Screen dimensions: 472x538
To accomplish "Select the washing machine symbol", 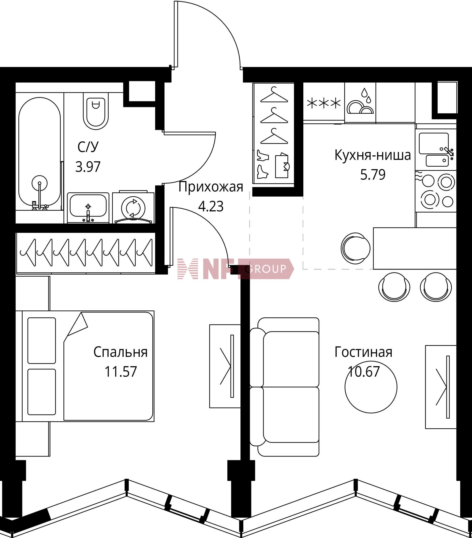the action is click(x=133, y=207).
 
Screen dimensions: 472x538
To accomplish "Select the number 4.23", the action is click(x=211, y=206).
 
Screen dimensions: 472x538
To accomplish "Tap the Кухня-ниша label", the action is click(x=373, y=155).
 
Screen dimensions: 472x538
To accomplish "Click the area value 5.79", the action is click(x=373, y=175).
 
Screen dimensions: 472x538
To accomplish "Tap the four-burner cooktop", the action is click(x=436, y=191).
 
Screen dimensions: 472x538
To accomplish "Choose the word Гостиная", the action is click(x=364, y=352).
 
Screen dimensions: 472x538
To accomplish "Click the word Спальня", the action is click(x=120, y=352).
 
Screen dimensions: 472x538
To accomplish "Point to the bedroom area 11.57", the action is click(x=121, y=372).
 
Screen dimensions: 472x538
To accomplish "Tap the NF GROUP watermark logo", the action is click(x=236, y=269).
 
